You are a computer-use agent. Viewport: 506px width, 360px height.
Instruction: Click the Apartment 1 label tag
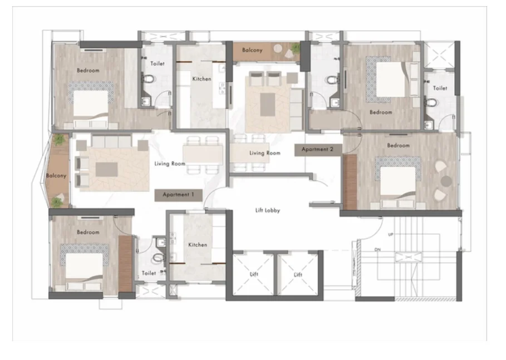coord(179,195)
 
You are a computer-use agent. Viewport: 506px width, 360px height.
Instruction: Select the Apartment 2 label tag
coord(318,150)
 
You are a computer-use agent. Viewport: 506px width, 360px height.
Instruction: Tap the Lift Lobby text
coord(268,210)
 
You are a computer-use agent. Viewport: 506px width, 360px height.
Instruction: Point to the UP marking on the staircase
coord(390,234)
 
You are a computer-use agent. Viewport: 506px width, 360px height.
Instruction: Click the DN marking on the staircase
coord(377,250)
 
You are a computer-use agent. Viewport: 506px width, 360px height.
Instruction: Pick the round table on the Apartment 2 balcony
coord(278,49)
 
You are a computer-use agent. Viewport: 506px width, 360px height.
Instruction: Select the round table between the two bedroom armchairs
coord(446,181)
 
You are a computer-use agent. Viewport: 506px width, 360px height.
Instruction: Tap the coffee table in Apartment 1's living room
coord(106,169)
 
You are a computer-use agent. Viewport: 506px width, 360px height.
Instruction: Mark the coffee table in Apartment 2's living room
coord(268,105)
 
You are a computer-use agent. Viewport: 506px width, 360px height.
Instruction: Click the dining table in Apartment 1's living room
coord(203,155)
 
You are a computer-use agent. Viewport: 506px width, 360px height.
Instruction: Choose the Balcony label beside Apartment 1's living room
coord(56,176)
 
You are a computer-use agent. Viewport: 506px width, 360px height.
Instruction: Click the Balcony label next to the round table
coord(252,50)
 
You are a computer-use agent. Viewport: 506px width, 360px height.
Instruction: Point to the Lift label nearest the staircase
coord(298,275)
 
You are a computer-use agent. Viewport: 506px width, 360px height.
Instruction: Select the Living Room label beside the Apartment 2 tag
coord(265,153)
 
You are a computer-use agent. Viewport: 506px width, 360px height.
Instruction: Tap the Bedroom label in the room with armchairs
coord(399,146)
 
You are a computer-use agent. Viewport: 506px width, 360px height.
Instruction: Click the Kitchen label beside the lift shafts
coord(198,245)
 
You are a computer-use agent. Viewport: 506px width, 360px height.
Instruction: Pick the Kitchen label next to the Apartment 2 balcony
coord(202,79)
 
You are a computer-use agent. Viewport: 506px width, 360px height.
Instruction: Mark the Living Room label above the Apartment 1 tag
coord(170,164)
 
